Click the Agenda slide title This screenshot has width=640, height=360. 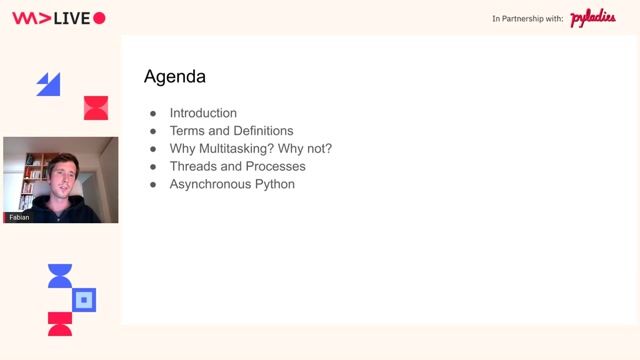click(175, 77)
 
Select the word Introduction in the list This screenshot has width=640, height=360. click(203, 113)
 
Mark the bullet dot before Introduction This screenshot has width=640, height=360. click(153, 114)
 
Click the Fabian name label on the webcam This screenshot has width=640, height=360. click(19, 217)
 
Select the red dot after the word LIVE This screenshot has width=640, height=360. click(99, 18)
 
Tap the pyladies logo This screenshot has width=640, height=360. click(592, 19)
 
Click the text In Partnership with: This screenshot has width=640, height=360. click(528, 19)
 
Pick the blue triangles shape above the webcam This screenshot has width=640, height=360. click(48, 84)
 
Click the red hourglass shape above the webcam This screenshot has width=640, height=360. click(96, 108)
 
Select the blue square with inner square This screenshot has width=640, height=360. click(85, 299)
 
